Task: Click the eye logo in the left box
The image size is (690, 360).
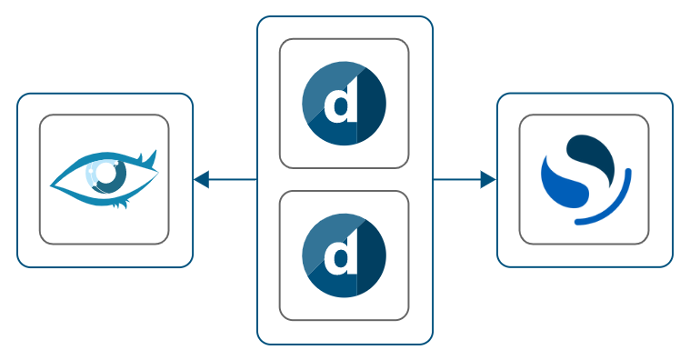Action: pyautogui.click(x=104, y=178)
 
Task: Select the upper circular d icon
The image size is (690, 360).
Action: pyautogui.click(x=344, y=104)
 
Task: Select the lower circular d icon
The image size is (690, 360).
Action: pyautogui.click(x=344, y=255)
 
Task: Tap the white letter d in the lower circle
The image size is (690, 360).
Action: pyautogui.click(x=341, y=256)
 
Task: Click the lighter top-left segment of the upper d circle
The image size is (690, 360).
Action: pyautogui.click(x=318, y=86)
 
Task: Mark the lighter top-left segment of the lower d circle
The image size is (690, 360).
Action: pyautogui.click(x=318, y=238)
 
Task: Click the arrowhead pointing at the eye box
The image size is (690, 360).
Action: pyautogui.click(x=202, y=180)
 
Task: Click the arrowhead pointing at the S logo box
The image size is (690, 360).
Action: pyautogui.click(x=488, y=180)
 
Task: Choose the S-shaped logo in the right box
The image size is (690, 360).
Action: pyautogui.click(x=584, y=179)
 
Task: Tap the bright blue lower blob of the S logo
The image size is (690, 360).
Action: pyautogui.click(x=564, y=186)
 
